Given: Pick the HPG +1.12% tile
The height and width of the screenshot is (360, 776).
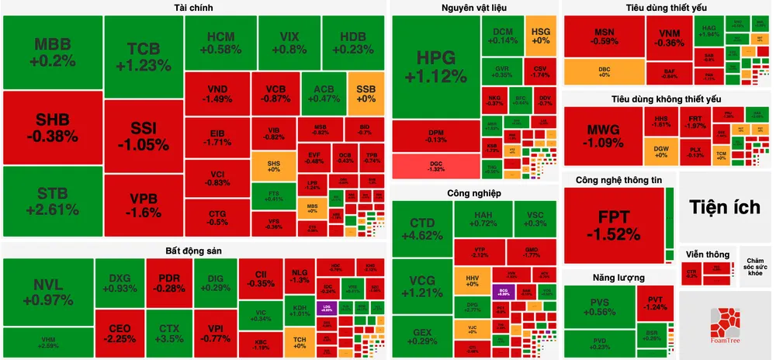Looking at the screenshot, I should [435, 67].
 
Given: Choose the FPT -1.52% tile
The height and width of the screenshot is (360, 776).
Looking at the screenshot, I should [613, 224].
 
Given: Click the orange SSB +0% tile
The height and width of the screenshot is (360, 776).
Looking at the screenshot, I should [366, 92].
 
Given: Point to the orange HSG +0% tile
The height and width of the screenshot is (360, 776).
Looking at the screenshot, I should [541, 35].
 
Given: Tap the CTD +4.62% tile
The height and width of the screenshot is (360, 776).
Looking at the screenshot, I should [422, 231].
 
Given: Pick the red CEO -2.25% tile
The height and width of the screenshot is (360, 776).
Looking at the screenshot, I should [120, 333].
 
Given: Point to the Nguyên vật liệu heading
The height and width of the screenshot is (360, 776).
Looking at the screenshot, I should [474, 8].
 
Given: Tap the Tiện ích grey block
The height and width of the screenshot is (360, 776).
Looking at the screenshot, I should [726, 206].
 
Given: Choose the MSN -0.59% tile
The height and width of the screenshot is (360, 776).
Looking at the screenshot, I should [605, 36].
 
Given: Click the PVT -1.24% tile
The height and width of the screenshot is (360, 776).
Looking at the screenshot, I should [655, 301].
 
